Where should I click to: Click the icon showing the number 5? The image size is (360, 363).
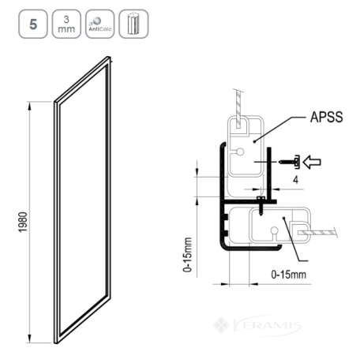33,24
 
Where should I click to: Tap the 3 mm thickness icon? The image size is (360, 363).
66,24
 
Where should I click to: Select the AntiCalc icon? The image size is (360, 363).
100,24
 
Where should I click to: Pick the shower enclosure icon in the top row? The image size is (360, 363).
133,24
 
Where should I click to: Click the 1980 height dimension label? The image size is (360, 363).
23,223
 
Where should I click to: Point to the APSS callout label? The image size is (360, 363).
326,117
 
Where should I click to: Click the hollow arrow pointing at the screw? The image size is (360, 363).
312,162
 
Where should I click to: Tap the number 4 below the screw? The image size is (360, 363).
296,180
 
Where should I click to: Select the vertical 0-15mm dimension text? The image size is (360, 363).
187,254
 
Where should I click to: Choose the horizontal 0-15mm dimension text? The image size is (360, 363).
289,275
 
